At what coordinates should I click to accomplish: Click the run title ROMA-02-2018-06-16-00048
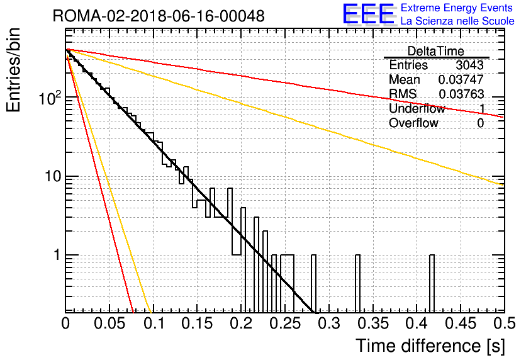pos(159,16)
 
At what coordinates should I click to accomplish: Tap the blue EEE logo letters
pos(369,14)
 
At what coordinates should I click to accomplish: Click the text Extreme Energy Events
pos(457,8)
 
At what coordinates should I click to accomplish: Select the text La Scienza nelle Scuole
pos(457,21)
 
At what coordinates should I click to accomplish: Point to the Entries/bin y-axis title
pos(13,70)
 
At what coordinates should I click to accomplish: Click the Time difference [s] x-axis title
pos(430,346)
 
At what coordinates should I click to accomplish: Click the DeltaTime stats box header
pos(436,51)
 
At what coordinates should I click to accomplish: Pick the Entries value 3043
pos(469,65)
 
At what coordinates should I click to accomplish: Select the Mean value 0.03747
pos(461,79)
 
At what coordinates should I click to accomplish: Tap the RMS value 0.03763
pos(461,94)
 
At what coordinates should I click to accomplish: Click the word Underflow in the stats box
pos(417,108)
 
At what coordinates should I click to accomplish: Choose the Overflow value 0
pos(480,123)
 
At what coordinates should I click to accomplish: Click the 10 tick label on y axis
pos(53,176)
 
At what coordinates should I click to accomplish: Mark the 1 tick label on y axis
pos(57,255)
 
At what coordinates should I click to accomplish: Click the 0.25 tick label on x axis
pos(285,323)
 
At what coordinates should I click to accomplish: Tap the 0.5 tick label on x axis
pos(504,323)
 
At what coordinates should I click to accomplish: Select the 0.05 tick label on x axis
pos(109,323)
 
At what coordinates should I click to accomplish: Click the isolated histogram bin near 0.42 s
pos(432,284)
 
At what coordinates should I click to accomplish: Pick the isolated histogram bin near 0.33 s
pos(357,284)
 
